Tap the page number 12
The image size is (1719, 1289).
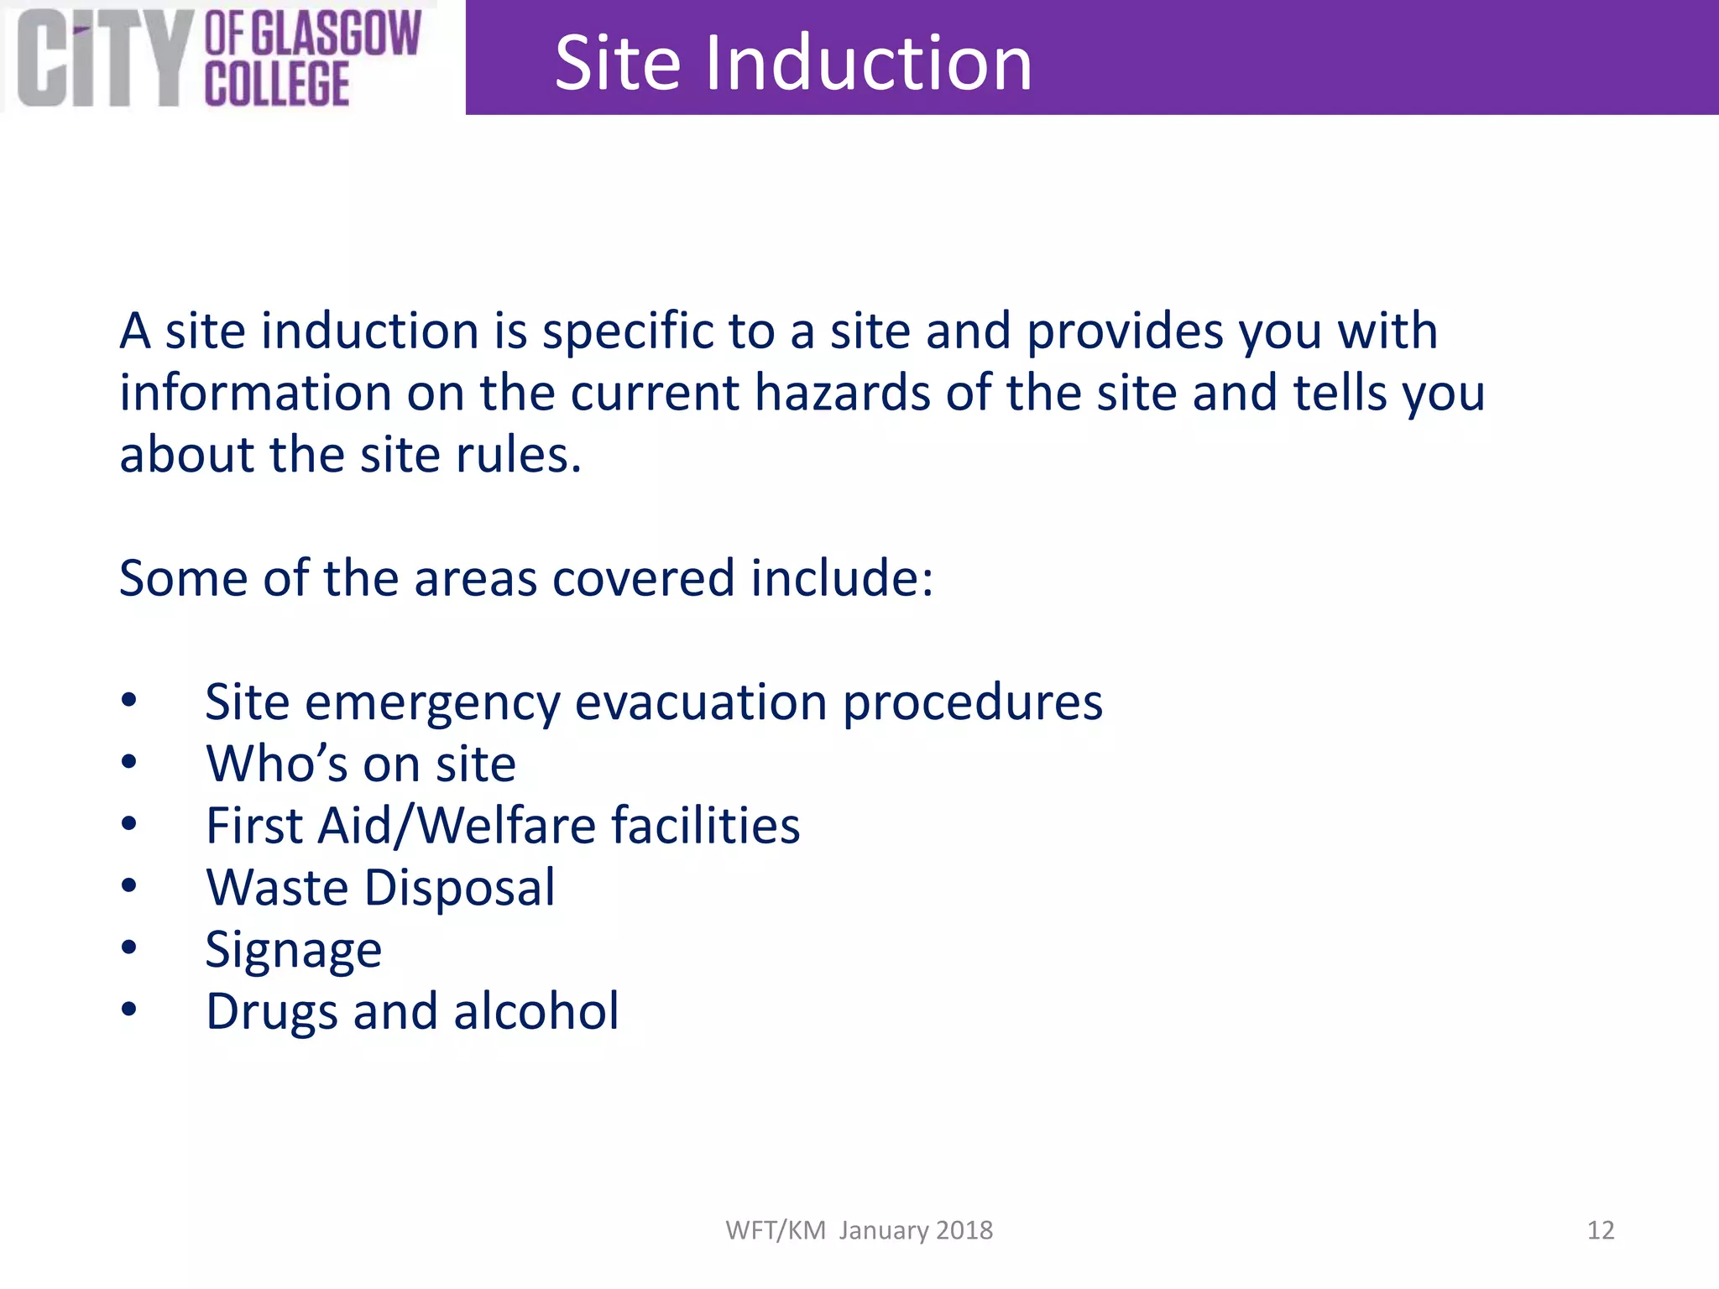pos(1600,1230)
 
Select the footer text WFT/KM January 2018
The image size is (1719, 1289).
pos(859,1230)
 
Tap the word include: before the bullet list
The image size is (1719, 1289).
pos(842,578)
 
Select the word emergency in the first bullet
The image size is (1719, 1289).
pos(432,703)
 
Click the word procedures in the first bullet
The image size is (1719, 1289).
pos(973,702)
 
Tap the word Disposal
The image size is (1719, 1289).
pos(460,888)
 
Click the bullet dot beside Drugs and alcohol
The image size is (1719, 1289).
pos(128,1010)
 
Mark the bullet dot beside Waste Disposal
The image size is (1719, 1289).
pos(128,886)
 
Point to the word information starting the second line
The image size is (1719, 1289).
pos(255,393)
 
